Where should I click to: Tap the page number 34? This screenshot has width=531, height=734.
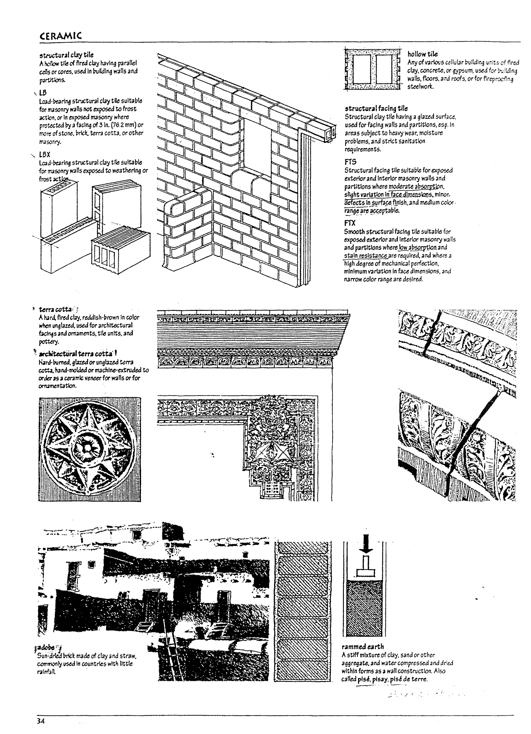tap(40, 721)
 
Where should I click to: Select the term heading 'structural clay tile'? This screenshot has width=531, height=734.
tap(66, 55)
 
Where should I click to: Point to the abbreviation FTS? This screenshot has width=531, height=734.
tap(351, 162)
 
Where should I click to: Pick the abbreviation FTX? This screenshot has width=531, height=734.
tap(350, 223)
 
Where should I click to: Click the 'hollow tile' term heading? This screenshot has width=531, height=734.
tap(422, 54)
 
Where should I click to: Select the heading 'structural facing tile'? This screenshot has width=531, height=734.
tap(376, 108)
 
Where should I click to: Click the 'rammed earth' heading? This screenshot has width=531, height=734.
tap(363, 647)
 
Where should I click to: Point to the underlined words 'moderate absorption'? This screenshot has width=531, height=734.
tap(416, 186)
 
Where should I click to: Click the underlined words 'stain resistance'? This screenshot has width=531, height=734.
tap(365, 256)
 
